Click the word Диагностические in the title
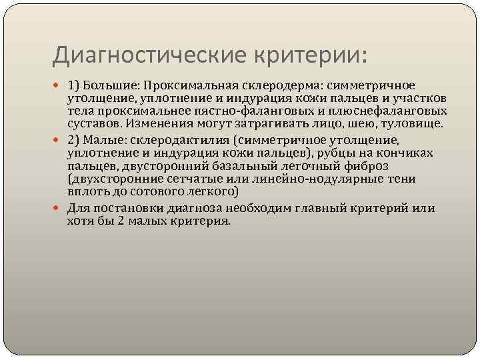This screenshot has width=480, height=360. click(x=147, y=55)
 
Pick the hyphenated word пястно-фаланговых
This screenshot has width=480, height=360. click(x=222, y=111)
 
